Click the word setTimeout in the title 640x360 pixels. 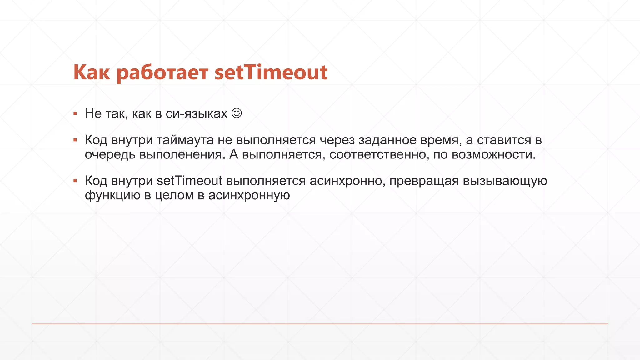pyautogui.click(x=271, y=72)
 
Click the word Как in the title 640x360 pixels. pyautogui.click(x=92, y=72)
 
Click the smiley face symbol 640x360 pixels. pyautogui.click(x=237, y=113)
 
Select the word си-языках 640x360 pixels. pyautogui.click(x=196, y=114)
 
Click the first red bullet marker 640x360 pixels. pyautogui.click(x=75, y=113)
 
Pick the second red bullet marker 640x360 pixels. pyautogui.click(x=75, y=140)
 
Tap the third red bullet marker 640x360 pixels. pyautogui.click(x=75, y=181)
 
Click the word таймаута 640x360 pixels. pyautogui.click(x=185, y=140)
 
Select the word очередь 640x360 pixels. pyautogui.click(x=110, y=155)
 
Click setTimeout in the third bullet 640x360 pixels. pyautogui.click(x=189, y=181)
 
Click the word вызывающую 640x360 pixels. pyautogui.click(x=505, y=181)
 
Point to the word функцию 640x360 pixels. pyautogui.click(x=112, y=196)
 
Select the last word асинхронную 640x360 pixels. pyautogui.click(x=249, y=196)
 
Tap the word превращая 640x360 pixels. pyautogui.click(x=424, y=181)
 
